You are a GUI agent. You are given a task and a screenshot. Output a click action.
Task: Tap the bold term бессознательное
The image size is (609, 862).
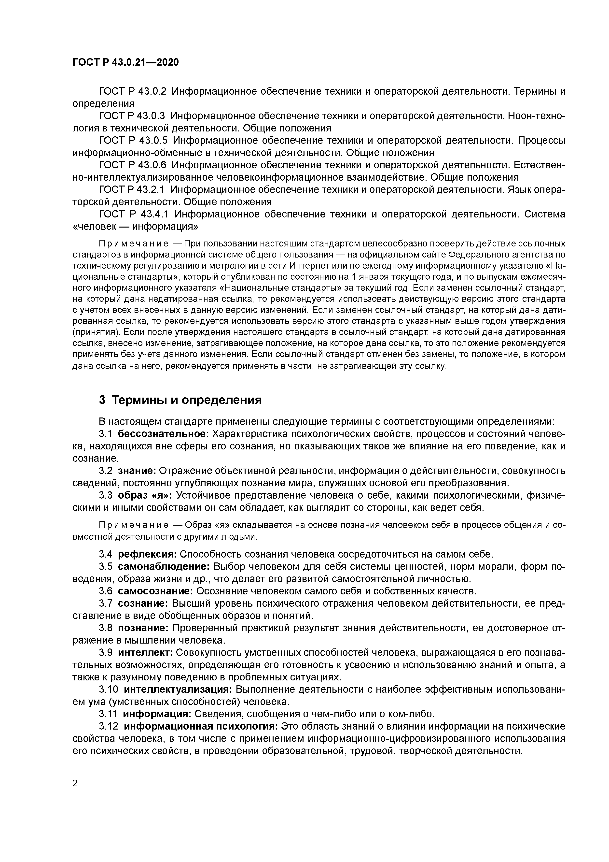click(x=163, y=434)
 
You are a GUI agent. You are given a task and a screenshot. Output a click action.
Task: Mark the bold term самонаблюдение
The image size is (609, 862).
click(x=164, y=566)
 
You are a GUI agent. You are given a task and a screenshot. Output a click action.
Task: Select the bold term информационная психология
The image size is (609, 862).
click(x=200, y=726)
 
